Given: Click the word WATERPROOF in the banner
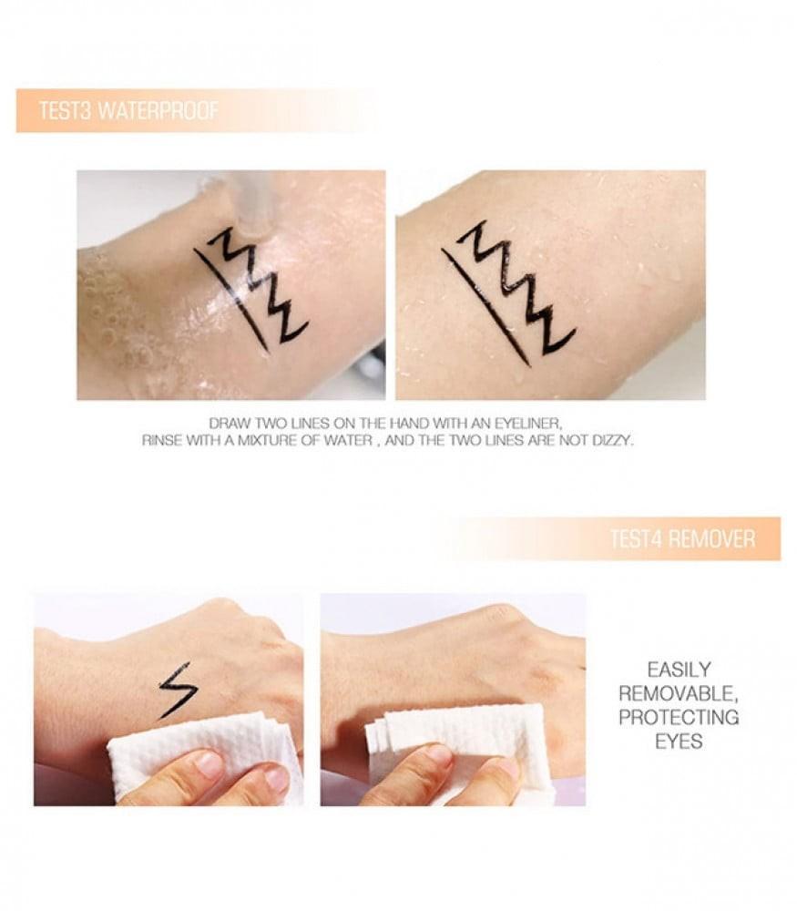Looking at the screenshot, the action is point(158,110).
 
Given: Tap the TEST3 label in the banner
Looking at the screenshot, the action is point(65,110).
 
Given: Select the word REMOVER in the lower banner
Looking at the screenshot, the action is point(712,538).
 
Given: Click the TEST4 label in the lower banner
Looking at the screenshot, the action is point(637,538).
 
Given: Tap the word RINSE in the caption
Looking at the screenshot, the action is point(161,440).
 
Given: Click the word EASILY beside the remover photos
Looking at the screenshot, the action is point(679,670).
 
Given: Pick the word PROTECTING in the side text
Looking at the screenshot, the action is point(679,717).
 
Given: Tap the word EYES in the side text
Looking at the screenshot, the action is point(679,742).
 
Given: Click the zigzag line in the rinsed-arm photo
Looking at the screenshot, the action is point(520,291).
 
